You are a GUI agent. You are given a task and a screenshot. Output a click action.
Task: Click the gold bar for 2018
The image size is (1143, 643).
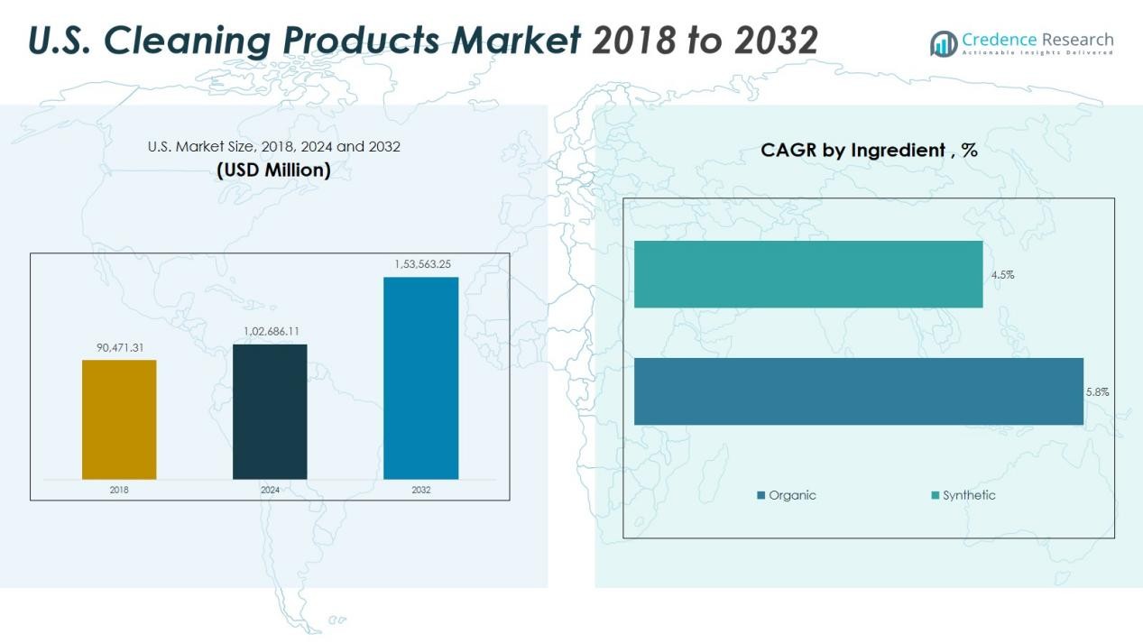(x=119, y=419)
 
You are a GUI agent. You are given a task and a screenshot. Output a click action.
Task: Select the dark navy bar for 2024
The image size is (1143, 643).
(x=270, y=411)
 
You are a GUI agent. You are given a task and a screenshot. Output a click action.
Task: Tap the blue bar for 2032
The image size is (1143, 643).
(x=420, y=378)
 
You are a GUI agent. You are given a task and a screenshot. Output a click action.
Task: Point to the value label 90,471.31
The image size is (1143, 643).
(x=119, y=347)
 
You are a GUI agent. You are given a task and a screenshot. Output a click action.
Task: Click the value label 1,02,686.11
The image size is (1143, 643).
(x=271, y=331)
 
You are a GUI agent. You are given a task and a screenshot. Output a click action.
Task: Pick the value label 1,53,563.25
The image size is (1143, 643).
(x=422, y=264)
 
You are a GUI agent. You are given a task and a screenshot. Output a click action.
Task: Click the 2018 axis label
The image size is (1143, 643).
(x=119, y=490)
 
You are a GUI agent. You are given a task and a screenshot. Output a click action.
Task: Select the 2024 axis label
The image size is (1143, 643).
(x=270, y=490)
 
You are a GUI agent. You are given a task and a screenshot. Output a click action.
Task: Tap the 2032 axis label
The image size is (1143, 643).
(x=420, y=490)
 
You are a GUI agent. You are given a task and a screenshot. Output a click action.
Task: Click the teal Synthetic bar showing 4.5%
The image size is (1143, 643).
(x=807, y=274)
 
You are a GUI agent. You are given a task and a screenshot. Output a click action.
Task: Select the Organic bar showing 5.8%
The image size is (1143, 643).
(x=858, y=391)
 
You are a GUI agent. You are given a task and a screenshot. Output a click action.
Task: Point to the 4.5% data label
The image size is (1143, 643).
(x=1002, y=275)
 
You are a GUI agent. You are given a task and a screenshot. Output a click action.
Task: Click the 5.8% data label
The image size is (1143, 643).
(x=1097, y=392)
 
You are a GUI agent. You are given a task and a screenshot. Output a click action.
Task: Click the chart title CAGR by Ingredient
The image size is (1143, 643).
(x=869, y=151)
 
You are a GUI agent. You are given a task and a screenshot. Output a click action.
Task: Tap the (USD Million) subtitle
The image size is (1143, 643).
(x=273, y=170)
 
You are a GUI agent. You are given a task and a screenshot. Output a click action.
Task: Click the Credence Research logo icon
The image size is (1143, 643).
(x=944, y=42)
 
